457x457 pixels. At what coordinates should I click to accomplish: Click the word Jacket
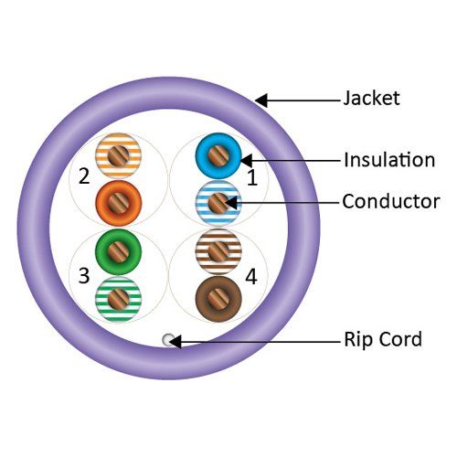point(371,98)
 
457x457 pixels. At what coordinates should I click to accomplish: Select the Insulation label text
point(388,160)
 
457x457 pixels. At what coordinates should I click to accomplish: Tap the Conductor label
point(390,201)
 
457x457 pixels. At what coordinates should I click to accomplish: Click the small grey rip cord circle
point(168,341)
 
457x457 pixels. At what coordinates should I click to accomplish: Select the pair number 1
point(251,179)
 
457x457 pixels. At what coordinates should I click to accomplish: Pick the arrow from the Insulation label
point(288,161)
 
